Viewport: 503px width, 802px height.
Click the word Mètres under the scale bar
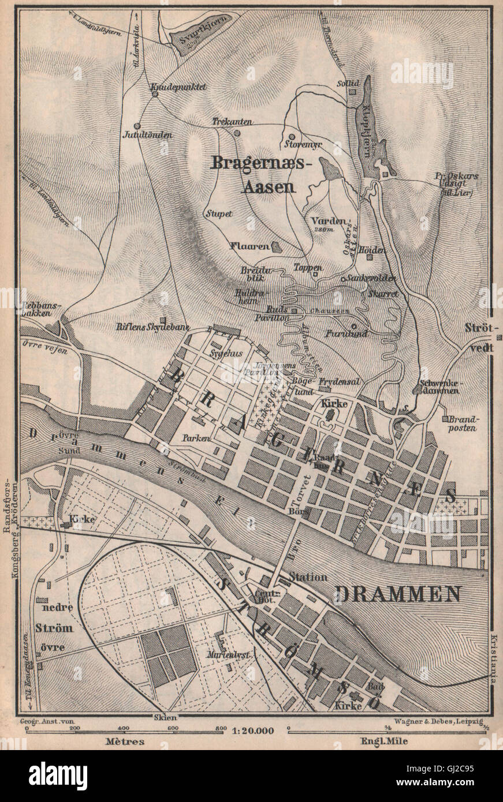point(125,741)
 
